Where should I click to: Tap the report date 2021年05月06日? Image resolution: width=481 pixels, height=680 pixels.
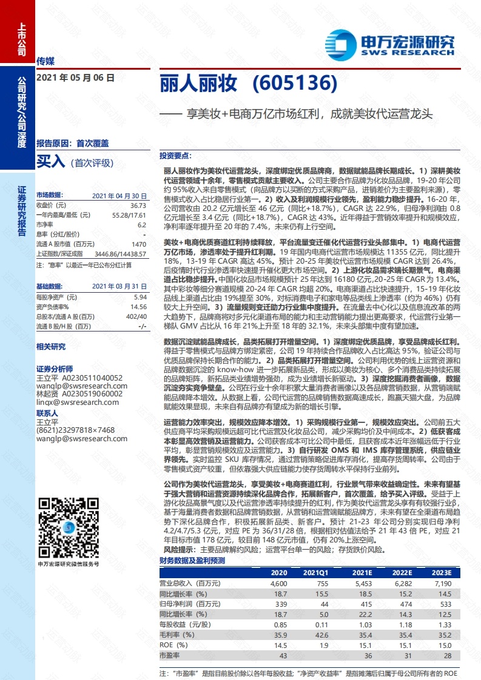75,78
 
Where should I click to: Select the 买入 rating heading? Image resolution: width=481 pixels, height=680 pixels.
50,161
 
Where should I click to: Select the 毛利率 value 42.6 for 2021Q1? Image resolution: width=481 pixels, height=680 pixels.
320,635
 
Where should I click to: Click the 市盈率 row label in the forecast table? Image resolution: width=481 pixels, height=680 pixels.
170,655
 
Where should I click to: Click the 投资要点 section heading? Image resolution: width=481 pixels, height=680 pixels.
175,155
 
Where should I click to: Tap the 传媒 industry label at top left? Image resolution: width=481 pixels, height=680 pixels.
46,61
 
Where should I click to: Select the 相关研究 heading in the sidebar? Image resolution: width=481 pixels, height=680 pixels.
51,347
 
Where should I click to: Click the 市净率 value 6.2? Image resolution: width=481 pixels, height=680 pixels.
141,224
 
